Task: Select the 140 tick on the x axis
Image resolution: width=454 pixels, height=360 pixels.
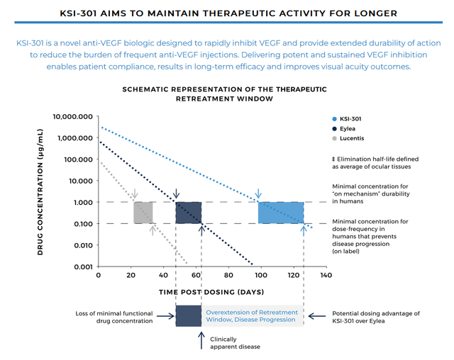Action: [x=326, y=275]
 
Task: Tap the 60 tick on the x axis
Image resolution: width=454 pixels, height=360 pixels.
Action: [x=196, y=275]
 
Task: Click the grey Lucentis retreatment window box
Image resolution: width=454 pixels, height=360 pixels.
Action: [x=143, y=213]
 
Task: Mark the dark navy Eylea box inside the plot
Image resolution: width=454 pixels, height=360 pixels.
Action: [x=189, y=213]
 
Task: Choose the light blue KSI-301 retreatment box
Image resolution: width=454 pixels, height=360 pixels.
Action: [x=281, y=213]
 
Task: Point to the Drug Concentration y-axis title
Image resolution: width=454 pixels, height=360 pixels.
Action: [x=41, y=191]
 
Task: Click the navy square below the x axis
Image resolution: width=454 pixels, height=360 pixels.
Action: [x=189, y=315]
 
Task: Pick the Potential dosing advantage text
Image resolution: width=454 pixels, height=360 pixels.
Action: [x=375, y=316]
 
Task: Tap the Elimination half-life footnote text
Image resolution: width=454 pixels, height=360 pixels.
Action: [x=375, y=162]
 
